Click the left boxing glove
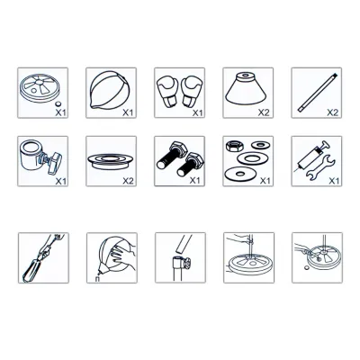pyautogui.click(x=168, y=91)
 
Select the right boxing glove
pyautogui.click(x=192, y=91)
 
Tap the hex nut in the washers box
pyautogui.click(x=234, y=146)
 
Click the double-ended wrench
pyautogui.click(x=320, y=166)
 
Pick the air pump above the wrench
pyautogui.click(x=312, y=156)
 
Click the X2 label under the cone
pyautogui.click(x=264, y=112)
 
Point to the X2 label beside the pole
pyautogui.click(x=332, y=112)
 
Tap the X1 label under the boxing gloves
pyautogui.click(x=198, y=112)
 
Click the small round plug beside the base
pyautogui.click(x=58, y=104)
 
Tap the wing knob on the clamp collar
pyautogui.click(x=55, y=162)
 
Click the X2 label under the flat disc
pyautogui.click(x=128, y=181)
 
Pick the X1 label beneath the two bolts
pyautogui.click(x=195, y=180)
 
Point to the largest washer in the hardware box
pyautogui.click(x=239, y=175)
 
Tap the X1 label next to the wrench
pyautogui.click(x=334, y=181)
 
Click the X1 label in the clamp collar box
pyautogui.click(x=61, y=181)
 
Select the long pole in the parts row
pyautogui.click(x=318, y=93)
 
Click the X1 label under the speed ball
pyautogui.click(x=128, y=112)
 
